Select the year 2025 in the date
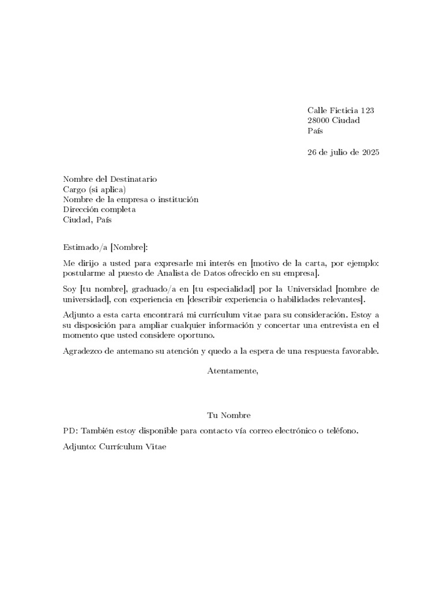(370, 153)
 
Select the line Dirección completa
(99, 210)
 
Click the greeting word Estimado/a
(85, 248)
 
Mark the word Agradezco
(84, 351)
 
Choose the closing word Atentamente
(232, 371)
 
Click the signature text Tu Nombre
(229, 416)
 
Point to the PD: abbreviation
(70, 431)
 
